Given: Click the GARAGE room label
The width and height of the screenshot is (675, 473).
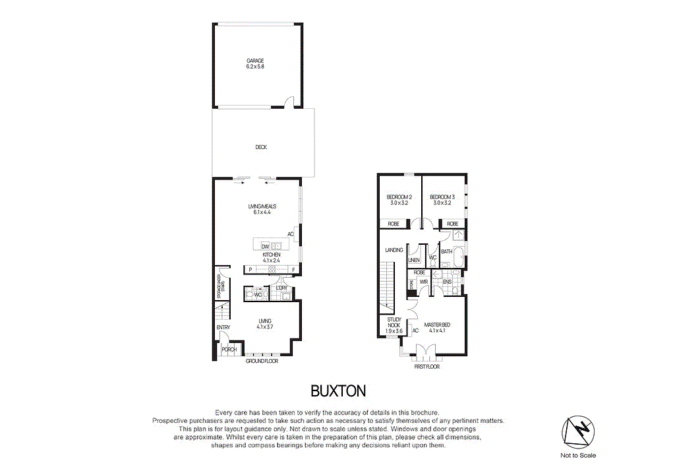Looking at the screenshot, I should (255, 61).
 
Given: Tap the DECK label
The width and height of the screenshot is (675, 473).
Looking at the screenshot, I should (261, 147).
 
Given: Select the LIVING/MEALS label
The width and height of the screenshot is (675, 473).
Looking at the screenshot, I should (262, 206).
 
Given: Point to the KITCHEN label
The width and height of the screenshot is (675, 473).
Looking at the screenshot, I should (272, 255).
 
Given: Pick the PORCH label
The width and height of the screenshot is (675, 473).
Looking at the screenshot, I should (229, 349).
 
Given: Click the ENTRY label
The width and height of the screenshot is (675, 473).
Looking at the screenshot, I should (223, 328).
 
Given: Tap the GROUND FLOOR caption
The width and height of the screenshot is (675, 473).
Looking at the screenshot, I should (262, 362).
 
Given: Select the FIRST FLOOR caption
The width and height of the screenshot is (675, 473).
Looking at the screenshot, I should (426, 366).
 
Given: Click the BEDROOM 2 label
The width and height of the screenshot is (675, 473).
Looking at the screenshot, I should (399, 197).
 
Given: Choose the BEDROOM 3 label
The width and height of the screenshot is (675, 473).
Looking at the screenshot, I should (442, 197).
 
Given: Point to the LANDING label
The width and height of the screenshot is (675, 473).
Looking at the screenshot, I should (394, 250).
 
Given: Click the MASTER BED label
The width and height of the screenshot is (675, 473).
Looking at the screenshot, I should (437, 324).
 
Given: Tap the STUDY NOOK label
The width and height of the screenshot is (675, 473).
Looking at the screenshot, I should (394, 323).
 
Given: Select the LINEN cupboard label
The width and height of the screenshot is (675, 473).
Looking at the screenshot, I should (414, 260).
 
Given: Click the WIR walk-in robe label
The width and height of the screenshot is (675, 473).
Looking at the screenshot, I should (424, 282).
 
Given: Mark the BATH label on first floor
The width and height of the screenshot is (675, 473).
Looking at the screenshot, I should (446, 251).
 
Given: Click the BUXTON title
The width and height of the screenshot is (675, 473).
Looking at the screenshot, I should (337, 391).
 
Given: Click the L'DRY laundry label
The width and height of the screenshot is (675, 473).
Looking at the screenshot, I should (281, 288).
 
